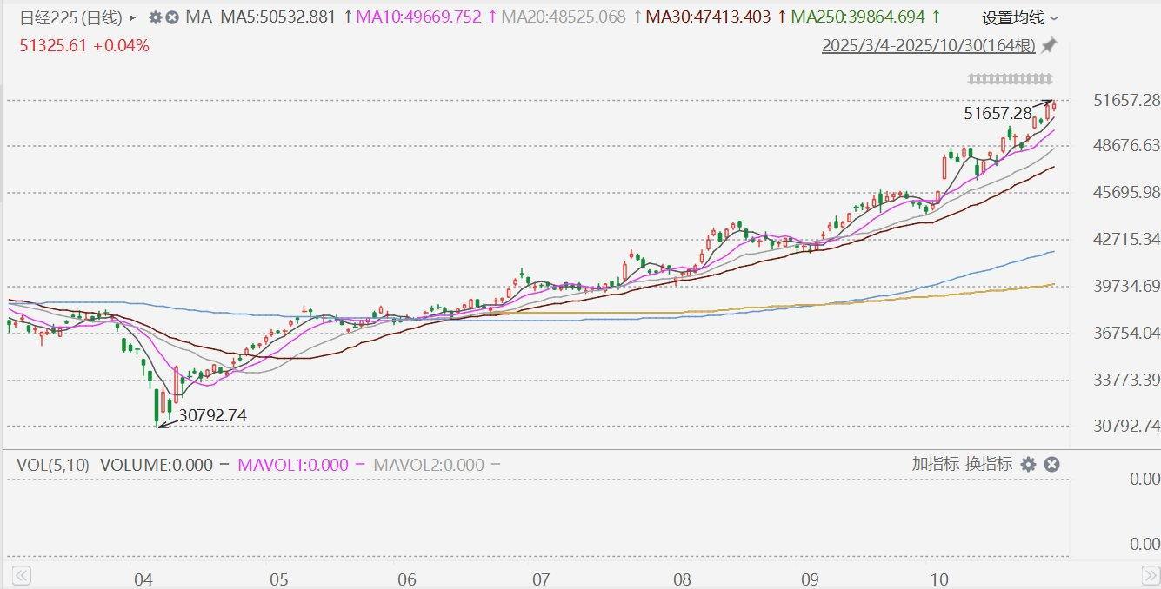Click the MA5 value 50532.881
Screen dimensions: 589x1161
point(277,17)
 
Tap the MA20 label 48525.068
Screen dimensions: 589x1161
point(564,17)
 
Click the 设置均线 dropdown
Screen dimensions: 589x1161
point(1020,17)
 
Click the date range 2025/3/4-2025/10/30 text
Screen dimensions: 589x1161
point(929,46)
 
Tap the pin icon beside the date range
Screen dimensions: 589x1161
point(1050,45)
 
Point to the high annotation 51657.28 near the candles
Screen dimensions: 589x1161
point(998,113)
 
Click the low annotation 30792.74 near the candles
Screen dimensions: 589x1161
point(212,416)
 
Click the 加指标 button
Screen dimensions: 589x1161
point(936,464)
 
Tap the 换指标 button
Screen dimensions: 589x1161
point(989,464)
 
